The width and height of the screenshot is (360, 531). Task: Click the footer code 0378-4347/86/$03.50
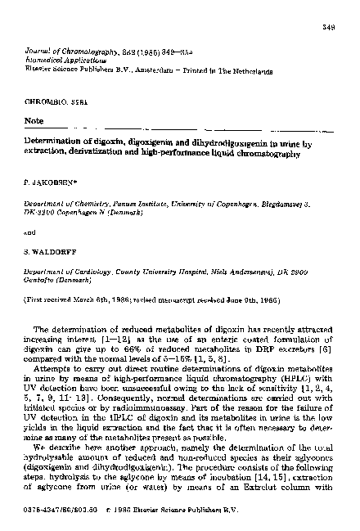(56, 516)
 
